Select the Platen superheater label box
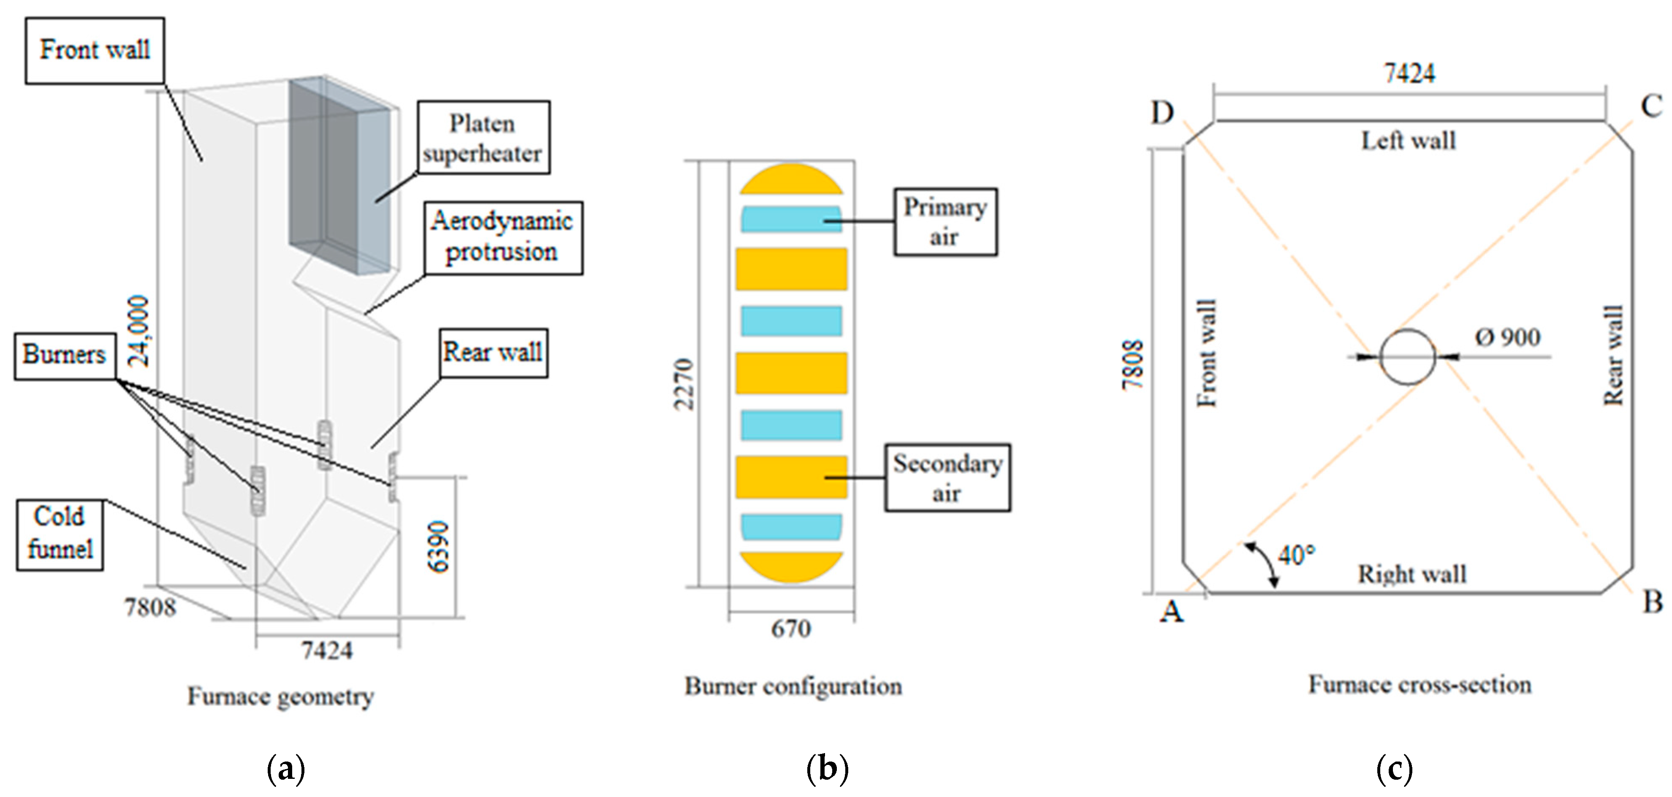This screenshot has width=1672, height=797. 483,138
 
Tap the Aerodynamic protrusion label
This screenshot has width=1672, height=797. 503,238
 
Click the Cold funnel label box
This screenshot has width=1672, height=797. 60,534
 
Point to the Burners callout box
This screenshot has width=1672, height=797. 65,356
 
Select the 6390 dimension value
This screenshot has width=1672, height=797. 439,547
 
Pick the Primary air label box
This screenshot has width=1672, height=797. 945,222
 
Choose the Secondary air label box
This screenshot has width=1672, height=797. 947,478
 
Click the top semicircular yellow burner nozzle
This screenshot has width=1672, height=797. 791,180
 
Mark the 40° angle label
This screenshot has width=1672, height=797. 1297,556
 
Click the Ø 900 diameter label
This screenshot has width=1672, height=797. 1507,337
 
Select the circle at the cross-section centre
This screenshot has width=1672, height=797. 1407,357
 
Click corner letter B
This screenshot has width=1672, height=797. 1653,602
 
